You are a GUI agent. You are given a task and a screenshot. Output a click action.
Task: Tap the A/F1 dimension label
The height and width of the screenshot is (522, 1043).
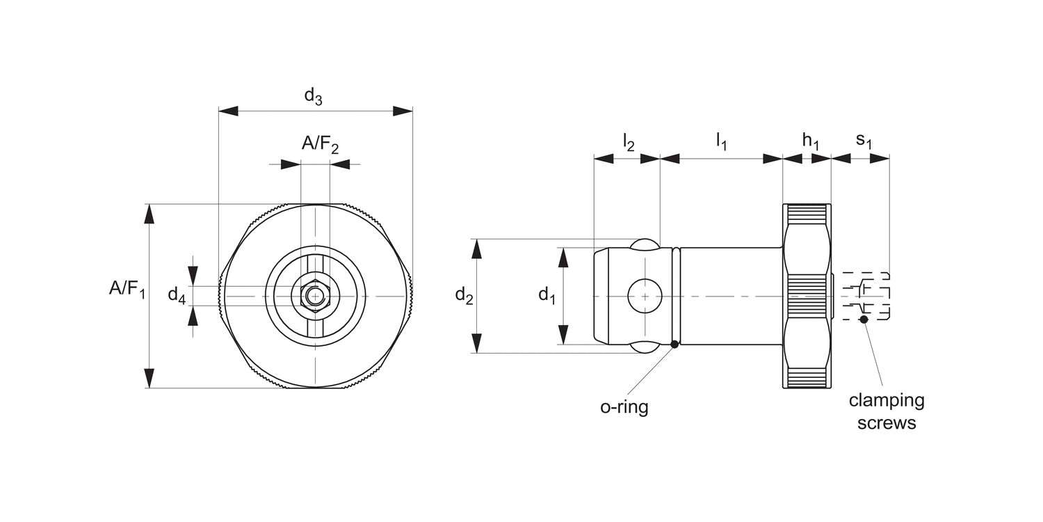point(127,287)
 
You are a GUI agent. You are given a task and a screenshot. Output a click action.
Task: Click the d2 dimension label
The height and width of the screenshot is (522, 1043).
point(464,296)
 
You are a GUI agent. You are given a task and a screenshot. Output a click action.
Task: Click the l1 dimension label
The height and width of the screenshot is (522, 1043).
point(721,142)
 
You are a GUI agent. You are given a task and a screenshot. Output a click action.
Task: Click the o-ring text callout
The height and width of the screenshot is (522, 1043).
point(624,407)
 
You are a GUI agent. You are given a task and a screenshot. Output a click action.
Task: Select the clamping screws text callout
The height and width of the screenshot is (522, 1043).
point(887,411)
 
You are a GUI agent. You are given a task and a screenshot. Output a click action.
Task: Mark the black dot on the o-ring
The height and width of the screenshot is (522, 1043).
point(674,344)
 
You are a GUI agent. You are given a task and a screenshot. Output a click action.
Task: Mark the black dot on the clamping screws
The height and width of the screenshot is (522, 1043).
point(864,319)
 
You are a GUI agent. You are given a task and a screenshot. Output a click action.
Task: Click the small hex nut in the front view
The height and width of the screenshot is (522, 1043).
point(315,296)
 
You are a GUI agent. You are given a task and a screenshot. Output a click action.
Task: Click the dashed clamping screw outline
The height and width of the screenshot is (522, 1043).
point(866,296)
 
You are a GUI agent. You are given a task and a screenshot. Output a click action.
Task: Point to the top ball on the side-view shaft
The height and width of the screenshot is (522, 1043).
point(645,244)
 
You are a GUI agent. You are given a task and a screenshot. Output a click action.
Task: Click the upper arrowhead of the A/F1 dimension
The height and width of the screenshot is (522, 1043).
point(149,214)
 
